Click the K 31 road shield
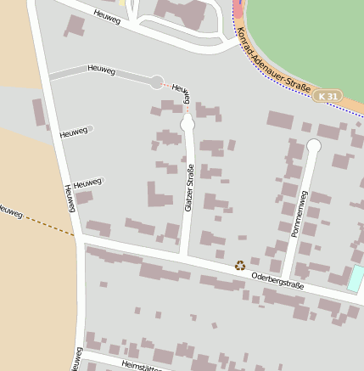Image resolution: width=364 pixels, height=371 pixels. point(328,97)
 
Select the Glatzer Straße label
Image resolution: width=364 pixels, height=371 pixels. point(189,188)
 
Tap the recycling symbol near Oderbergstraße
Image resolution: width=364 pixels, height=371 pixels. point(240,266)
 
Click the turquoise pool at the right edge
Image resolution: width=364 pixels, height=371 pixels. point(356,278)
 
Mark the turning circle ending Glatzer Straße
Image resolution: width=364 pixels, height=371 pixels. point(188,124)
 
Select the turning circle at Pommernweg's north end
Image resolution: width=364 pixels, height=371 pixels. point(313,146)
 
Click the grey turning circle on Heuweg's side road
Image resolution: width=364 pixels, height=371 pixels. point(156,82)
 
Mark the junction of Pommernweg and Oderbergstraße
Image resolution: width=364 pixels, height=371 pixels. point(290,278)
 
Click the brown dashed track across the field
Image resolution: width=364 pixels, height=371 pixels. point(47,224)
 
